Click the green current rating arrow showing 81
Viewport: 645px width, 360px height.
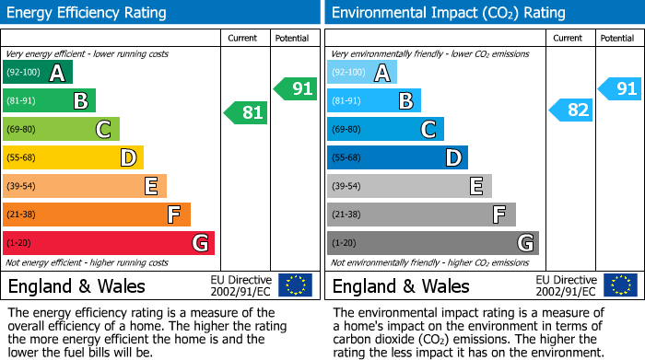[x=246, y=112]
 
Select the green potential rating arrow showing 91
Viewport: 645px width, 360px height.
[x=295, y=89]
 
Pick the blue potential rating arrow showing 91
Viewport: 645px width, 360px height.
[x=619, y=89]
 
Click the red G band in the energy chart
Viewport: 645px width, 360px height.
[x=109, y=243]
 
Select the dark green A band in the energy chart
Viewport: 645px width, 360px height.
[x=38, y=72]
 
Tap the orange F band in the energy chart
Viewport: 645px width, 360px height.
[x=97, y=215]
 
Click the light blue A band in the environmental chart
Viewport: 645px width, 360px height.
[x=362, y=72]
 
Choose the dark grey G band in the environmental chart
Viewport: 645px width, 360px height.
[x=433, y=243]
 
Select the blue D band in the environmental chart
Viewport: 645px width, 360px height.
[x=397, y=157]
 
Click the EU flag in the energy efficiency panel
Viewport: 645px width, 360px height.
[x=295, y=285]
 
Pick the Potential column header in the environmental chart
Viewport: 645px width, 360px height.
[x=617, y=38]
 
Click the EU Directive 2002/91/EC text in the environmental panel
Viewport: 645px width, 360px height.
[x=566, y=285]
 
